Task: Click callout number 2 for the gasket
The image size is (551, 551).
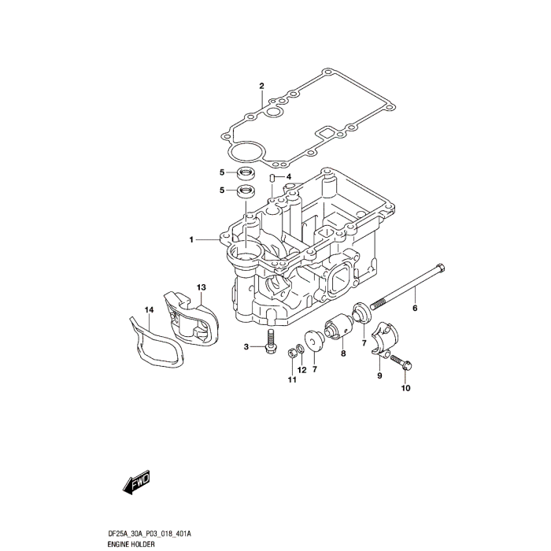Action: (x=261, y=86)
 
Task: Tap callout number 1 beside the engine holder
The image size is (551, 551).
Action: (x=190, y=239)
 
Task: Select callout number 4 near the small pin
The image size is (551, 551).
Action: (x=289, y=176)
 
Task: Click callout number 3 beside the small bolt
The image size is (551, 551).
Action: (x=246, y=347)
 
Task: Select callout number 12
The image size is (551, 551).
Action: (x=303, y=370)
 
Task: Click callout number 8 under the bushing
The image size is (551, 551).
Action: (x=343, y=355)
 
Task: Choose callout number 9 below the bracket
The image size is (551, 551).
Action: (x=379, y=376)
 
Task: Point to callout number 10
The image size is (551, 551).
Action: (x=406, y=388)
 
